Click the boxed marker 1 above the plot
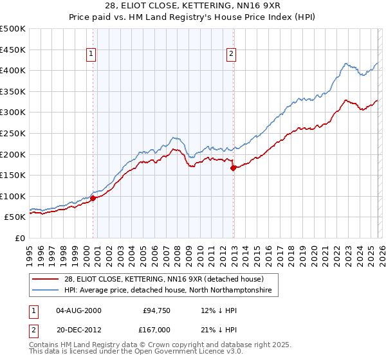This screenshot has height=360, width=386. point(92,55)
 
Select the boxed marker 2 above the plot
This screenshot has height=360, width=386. point(231,55)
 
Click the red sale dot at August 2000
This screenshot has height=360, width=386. point(93,198)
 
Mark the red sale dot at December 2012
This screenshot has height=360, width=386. point(233,168)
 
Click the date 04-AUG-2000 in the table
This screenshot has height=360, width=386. point(78,310)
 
